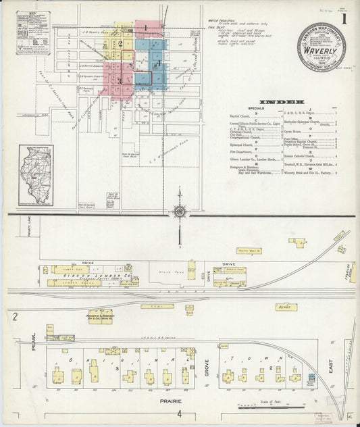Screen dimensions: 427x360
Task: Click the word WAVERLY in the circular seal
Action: point(319,49)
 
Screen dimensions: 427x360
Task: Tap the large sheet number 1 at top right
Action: point(344,19)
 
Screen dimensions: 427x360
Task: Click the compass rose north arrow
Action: point(180,212)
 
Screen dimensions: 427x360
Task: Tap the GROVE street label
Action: point(206,369)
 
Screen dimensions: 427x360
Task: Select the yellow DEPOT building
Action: point(286,307)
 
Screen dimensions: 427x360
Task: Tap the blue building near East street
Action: point(311,376)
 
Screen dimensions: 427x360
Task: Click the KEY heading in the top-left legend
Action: point(33,13)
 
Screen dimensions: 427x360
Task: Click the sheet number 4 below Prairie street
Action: point(179,413)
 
